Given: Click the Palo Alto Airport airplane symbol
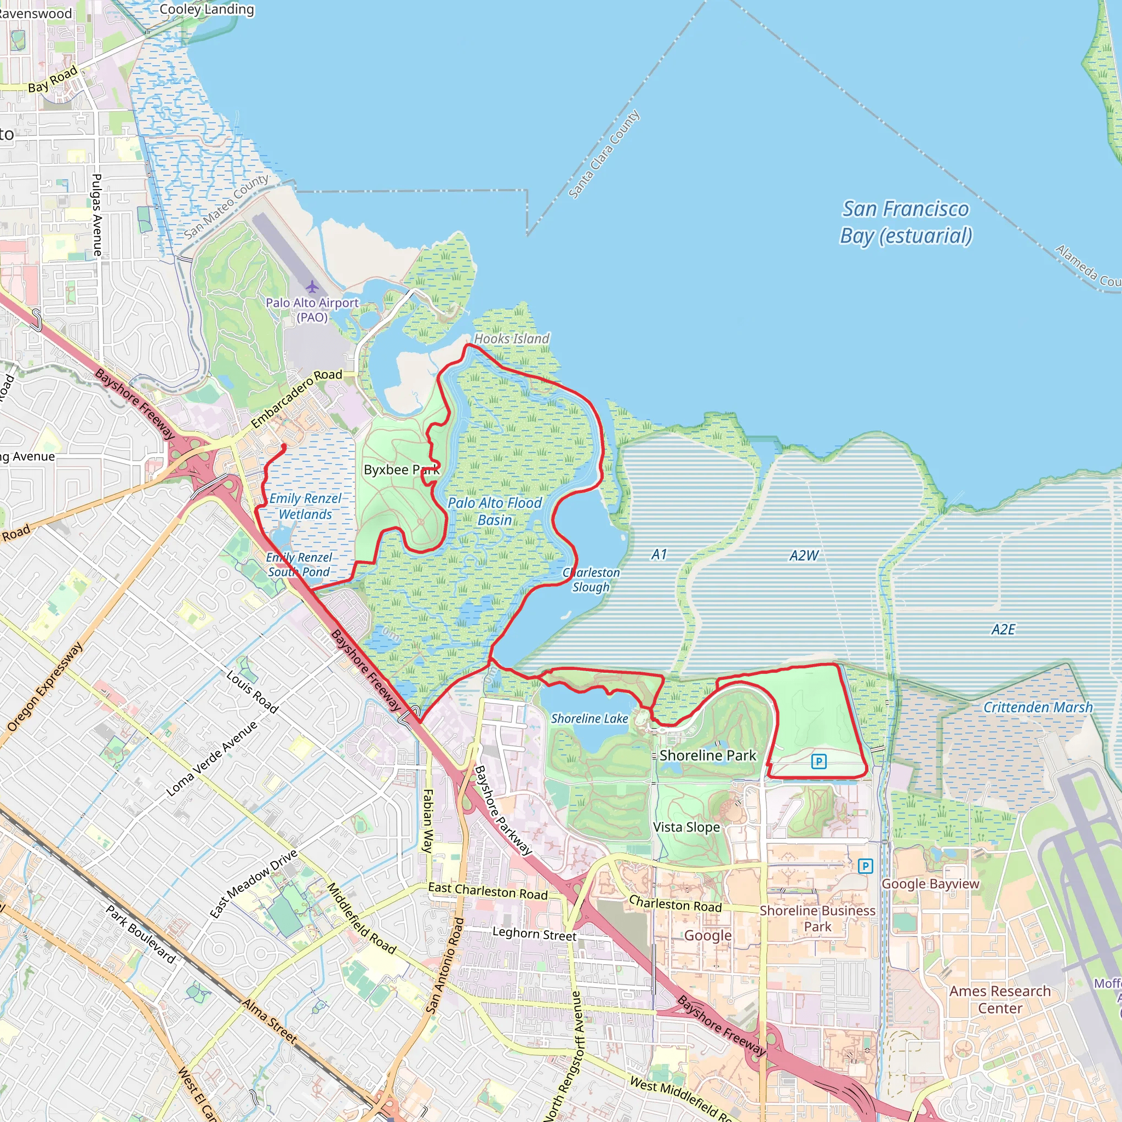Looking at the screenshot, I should [312, 287].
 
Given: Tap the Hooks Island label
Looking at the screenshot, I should [511, 339].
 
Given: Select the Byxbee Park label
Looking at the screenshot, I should [400, 470].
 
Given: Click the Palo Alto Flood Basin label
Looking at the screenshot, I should [494, 511].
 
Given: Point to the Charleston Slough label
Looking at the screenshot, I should [591, 580].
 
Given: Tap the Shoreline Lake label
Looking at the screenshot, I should [589, 719].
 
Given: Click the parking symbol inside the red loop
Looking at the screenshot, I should [819, 762].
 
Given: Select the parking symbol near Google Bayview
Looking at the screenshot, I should [865, 866].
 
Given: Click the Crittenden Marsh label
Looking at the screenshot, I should [1037, 707].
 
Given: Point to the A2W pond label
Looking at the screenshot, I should [804, 556].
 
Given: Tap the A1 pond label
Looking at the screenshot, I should [659, 554].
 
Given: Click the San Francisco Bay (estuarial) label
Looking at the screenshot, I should [906, 222].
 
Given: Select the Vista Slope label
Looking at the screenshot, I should [686, 827].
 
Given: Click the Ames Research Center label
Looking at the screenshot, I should [999, 999].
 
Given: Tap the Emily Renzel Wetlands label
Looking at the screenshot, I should [305, 506].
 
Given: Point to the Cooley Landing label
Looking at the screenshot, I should [206, 9].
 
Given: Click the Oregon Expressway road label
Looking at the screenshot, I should [45, 686].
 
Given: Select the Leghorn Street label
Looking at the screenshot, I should [534, 934].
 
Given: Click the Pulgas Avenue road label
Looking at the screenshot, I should [97, 215].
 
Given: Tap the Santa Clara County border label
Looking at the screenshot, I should [603, 154].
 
